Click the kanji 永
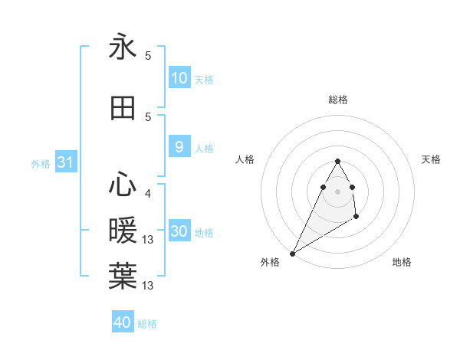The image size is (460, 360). (x=123, y=47)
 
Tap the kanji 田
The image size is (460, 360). (x=123, y=109)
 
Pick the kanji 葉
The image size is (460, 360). (x=123, y=275)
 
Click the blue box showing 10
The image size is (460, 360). (x=179, y=78)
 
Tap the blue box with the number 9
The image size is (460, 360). (x=179, y=147)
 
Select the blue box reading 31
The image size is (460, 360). (x=65, y=162)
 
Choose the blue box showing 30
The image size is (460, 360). (x=179, y=231)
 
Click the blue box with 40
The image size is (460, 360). (x=123, y=322)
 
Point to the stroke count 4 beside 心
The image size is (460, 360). (x=147, y=194)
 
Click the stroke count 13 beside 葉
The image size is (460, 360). (x=149, y=286)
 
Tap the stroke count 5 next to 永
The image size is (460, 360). (x=148, y=56)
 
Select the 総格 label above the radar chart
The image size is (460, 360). (x=338, y=100)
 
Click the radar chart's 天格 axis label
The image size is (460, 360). (x=432, y=159)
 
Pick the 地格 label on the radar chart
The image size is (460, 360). (x=402, y=262)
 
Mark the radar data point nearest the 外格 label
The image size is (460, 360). (x=292, y=253)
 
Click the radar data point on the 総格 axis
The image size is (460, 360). (x=338, y=161)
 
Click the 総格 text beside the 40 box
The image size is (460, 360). (x=147, y=324)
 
